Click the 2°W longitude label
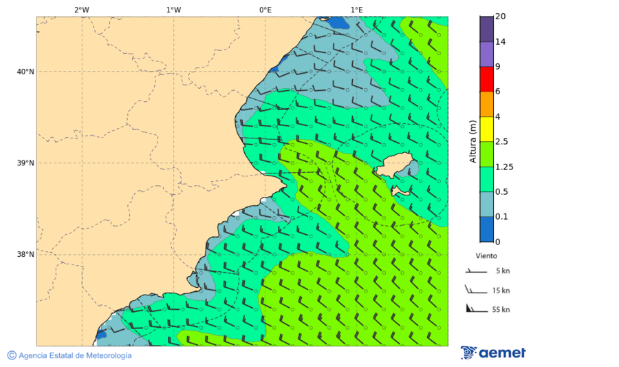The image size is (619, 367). pyautogui.click(x=81, y=10)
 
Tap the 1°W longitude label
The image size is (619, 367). pyautogui.click(x=173, y=10)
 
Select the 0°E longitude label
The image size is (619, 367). pyautogui.click(x=265, y=10)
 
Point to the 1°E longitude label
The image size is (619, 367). pyautogui.click(x=356, y=10)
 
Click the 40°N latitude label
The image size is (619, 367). pyautogui.click(x=25, y=72)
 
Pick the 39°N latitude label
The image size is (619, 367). pyautogui.click(x=25, y=163)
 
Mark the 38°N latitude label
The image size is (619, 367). pyautogui.click(x=25, y=255)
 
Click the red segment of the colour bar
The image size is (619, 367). pyautogui.click(x=486, y=79)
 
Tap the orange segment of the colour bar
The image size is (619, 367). pyautogui.click(x=486, y=104)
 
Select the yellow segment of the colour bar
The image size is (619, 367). pyautogui.click(x=486, y=129)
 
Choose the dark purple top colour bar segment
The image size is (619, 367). pyautogui.click(x=486, y=29)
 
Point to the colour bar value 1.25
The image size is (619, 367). pyautogui.click(x=505, y=167)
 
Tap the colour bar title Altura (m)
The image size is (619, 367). pyautogui.click(x=473, y=141)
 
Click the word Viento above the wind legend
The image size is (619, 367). pyautogui.click(x=486, y=255)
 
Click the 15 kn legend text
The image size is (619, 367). pyautogui.click(x=501, y=291)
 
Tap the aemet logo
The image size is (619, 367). pyautogui.click(x=493, y=353)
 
